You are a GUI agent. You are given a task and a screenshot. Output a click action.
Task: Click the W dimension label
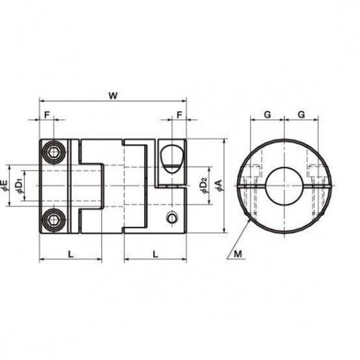pos(113,96)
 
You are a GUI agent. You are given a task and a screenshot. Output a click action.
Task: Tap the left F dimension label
pos(47,115)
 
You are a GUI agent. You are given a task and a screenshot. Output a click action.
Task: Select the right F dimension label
pos(179,115)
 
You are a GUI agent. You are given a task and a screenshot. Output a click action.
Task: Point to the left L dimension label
pos(71,254)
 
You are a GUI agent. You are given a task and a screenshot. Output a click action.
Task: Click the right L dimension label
pos(155,254)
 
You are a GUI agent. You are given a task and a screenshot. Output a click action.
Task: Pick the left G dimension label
pos(267,114)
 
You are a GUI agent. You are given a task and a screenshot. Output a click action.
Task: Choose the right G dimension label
pos(301,114)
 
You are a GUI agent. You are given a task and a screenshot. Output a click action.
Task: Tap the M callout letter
pos(238,254)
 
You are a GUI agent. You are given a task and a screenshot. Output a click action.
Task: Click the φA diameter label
pos(219,185)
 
